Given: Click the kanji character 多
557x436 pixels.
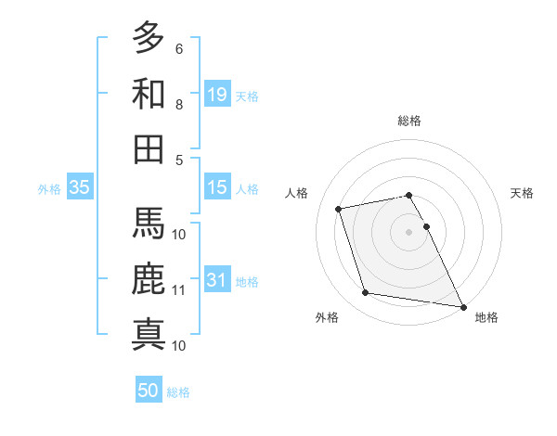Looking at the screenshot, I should click(x=149, y=38).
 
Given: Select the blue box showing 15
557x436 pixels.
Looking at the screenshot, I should click(x=217, y=187).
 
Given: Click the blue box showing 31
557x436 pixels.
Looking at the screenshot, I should click(x=217, y=280).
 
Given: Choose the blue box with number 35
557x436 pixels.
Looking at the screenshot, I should click(x=80, y=187).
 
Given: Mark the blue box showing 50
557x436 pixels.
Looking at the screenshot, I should click(x=149, y=391).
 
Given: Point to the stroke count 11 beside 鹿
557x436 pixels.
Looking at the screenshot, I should click(x=179, y=290).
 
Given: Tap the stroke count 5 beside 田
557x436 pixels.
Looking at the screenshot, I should click(x=179, y=160).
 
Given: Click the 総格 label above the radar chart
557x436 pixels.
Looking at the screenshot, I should click(x=409, y=121).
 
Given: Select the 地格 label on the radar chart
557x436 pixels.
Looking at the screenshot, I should click(x=486, y=317).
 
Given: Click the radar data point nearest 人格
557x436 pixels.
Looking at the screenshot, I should click(x=339, y=208).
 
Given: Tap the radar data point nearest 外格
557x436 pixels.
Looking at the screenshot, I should click(x=366, y=293).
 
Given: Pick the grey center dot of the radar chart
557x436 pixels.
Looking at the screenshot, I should click(x=409, y=231).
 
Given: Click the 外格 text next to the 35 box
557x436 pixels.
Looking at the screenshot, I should click(x=49, y=189).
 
